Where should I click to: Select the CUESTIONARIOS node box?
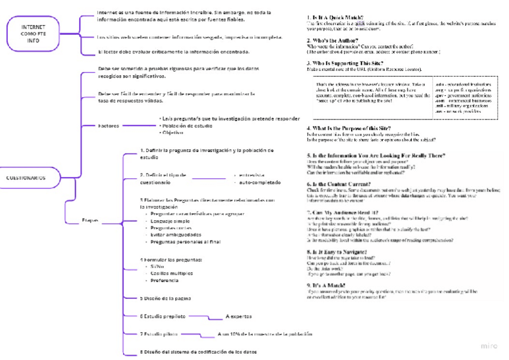pos(25,178)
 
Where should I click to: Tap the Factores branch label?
pos(109,126)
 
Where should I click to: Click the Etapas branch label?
pos(90,221)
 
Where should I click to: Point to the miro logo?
pos(489,346)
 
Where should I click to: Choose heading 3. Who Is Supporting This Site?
pos(345,62)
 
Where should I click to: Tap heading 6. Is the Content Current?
pos(339,184)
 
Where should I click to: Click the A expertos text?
pos(238,316)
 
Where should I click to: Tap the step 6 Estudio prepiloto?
pos(163,316)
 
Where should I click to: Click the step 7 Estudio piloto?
pos(158,334)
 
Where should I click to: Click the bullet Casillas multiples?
pos(172,273)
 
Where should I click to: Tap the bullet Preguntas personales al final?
pos(185,241)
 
